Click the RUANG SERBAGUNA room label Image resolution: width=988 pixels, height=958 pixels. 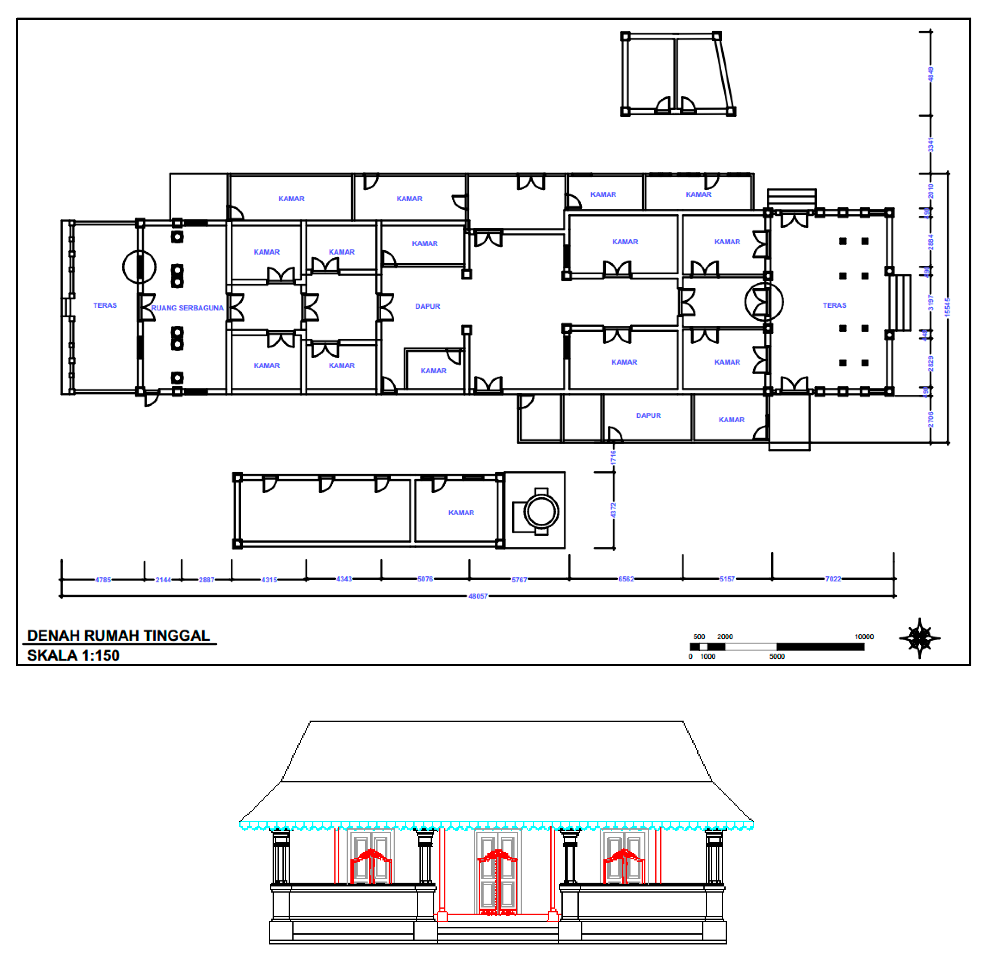click(187, 308)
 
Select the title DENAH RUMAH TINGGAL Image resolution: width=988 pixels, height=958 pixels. click(119, 635)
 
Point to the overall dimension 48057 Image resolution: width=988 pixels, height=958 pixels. click(478, 596)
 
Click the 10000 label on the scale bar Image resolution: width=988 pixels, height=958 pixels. click(864, 637)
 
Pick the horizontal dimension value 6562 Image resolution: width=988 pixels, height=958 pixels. click(626, 579)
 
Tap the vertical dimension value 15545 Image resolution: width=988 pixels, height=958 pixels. click(947, 308)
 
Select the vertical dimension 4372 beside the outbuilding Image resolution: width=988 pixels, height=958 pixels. click(613, 510)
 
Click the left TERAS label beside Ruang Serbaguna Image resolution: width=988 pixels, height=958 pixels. click(105, 305)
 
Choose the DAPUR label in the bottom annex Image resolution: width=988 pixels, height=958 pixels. click(648, 415)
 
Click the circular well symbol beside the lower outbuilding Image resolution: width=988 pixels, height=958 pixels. click(541, 512)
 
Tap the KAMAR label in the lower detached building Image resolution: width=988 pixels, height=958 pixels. click(461, 513)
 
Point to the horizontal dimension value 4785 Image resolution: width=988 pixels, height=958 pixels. click(103, 580)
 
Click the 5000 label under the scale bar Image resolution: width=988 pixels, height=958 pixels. click(777, 656)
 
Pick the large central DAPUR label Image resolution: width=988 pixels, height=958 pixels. click(427, 306)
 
